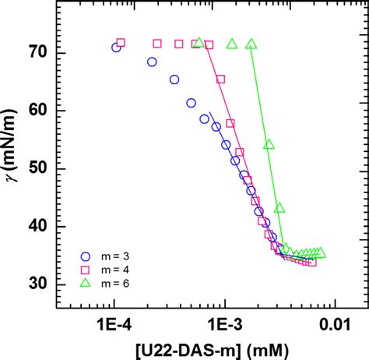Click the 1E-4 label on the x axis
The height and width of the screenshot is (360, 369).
point(114,323)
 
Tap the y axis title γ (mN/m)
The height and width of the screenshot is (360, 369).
point(12,167)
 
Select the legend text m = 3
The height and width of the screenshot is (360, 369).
point(115,256)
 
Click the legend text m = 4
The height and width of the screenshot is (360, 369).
point(115,269)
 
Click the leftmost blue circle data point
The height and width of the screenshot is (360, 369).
point(116,48)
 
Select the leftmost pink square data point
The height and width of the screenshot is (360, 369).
point(121,44)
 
